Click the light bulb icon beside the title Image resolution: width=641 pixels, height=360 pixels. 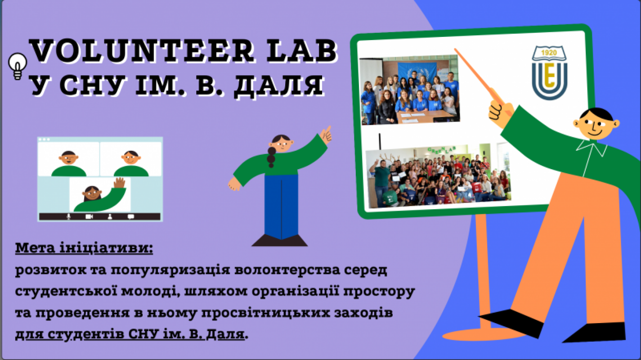point(18,66)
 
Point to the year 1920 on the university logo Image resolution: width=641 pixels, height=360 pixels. point(549,53)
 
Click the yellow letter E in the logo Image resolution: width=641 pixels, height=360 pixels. point(549,75)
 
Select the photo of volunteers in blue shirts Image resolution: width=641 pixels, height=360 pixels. point(409,90)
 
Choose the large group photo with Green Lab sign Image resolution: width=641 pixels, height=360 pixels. point(438,176)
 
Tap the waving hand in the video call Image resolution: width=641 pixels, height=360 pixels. point(119,183)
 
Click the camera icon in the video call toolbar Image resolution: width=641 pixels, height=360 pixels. point(89,216)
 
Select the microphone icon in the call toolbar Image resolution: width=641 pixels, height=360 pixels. point(69,216)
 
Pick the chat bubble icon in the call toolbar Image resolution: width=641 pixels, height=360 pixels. point(131,216)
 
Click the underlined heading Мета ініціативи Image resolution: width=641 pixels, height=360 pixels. point(84,248)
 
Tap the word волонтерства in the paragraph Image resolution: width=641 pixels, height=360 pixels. point(287,270)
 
